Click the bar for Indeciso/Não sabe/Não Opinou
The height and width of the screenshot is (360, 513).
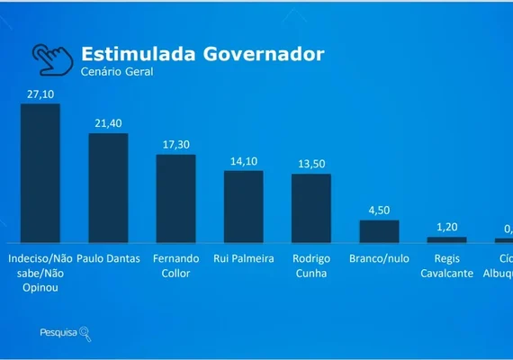[40, 173]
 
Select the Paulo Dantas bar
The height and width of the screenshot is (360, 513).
[108, 188]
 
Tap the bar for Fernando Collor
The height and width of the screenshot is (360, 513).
[175, 198]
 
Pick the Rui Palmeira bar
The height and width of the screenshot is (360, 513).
[243, 206]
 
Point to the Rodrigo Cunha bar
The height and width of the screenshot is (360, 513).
[311, 208]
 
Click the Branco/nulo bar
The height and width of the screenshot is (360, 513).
[379, 231]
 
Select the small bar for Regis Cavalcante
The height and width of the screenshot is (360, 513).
[446, 239]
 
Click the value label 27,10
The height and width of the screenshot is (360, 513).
[40, 93]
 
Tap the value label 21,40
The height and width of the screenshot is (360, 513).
[108, 122]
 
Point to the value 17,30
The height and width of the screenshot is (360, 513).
[175, 144]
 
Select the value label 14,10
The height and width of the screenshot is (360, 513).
[243, 160]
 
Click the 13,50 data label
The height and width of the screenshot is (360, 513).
[311, 163]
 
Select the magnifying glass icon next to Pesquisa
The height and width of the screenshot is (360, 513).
[85, 333]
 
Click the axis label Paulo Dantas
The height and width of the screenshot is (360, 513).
[108, 258]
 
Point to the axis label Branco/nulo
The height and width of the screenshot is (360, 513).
[379, 258]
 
